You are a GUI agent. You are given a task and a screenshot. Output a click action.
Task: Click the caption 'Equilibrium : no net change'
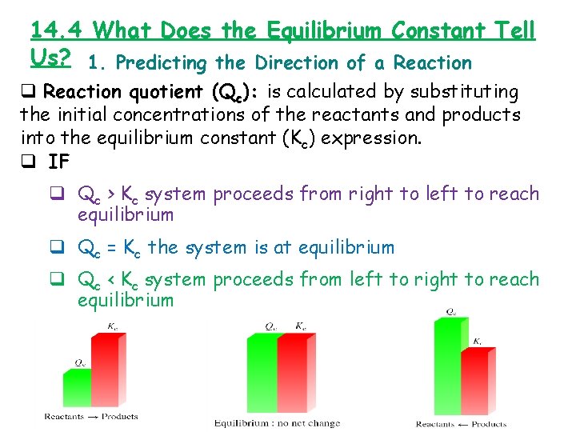[x=277, y=422]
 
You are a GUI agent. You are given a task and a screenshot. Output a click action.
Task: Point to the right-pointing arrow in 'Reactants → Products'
[x=94, y=416]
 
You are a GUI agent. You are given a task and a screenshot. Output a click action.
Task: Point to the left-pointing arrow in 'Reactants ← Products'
[x=466, y=423]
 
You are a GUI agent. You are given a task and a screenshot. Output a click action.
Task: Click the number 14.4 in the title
[x=58, y=30]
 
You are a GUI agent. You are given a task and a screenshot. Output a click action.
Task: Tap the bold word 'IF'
[x=58, y=161]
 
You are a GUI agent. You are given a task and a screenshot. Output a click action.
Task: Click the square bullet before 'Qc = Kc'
[x=58, y=247]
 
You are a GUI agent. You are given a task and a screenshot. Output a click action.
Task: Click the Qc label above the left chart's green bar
[x=81, y=362]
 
